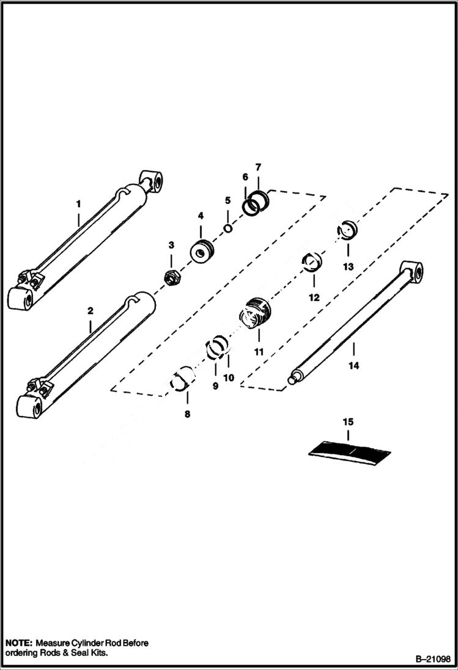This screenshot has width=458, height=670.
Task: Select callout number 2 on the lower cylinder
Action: tap(90, 310)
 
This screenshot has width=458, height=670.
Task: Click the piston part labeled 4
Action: tap(202, 252)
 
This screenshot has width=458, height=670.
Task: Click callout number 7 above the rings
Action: tap(258, 167)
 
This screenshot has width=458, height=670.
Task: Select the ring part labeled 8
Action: tap(183, 381)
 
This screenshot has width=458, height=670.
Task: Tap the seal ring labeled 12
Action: tap(313, 264)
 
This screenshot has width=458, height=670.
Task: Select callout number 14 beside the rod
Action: tap(354, 365)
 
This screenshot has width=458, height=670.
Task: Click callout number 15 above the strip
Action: tap(348, 422)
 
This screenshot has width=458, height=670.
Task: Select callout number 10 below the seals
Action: tap(228, 377)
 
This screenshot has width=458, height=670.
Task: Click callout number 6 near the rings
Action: tap(245, 177)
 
